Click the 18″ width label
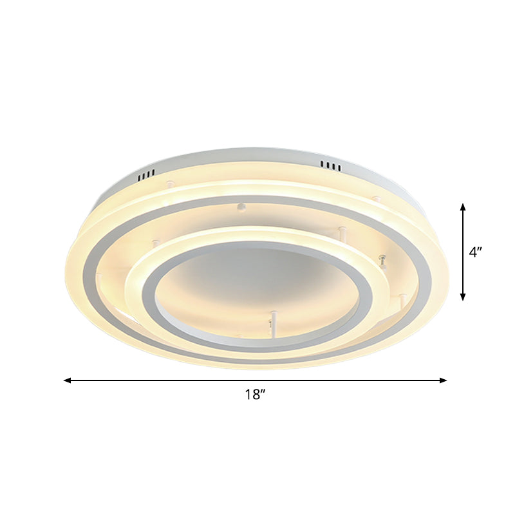coord(256,395)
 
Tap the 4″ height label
coord(476,253)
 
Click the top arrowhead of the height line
coord(463,207)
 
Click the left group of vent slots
coord(146,174)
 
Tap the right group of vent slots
coord(331,167)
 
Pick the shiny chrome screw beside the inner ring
coord(383,261)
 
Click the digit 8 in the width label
coord(255,395)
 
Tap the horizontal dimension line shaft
coord(193,380)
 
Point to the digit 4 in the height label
coord(473,253)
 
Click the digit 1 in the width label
coord(248,395)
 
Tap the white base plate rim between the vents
coord(238,157)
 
